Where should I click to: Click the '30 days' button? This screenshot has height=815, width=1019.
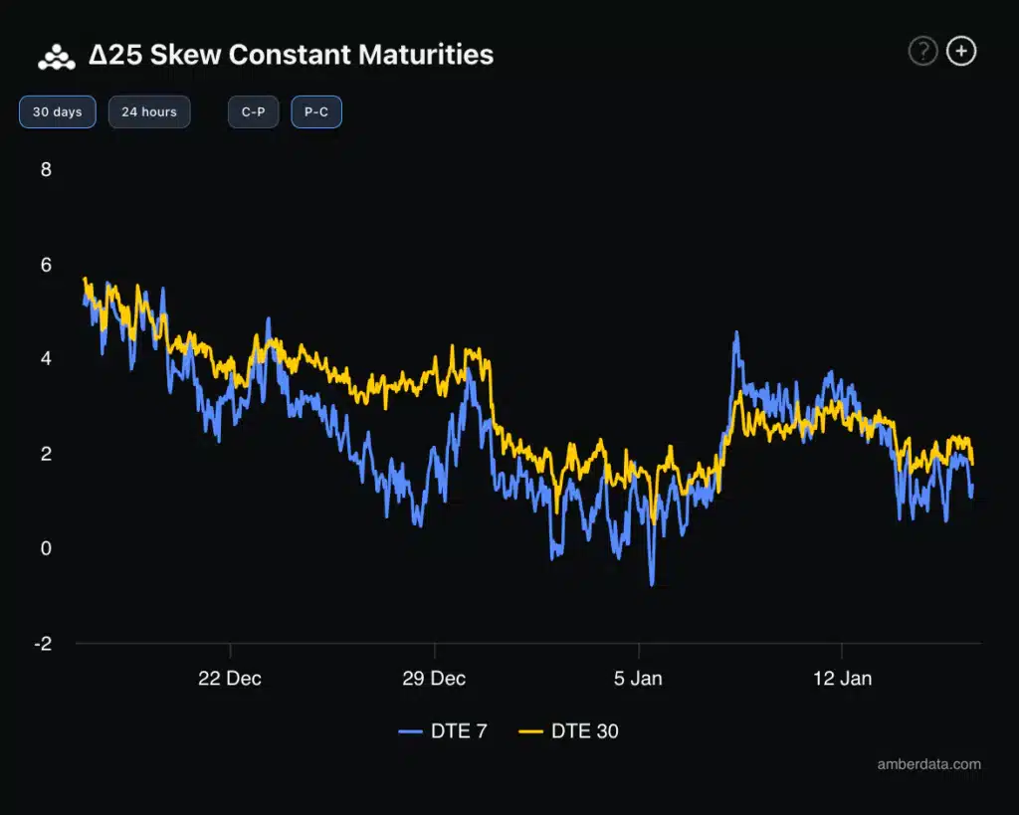58,111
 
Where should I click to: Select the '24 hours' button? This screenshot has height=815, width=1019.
149,111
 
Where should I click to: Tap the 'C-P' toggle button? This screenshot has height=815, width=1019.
254,111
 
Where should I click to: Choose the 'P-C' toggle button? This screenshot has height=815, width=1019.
316,111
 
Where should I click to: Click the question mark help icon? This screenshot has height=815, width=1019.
922,52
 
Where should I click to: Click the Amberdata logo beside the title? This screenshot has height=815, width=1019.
57,57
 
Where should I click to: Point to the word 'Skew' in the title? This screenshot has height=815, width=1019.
186,55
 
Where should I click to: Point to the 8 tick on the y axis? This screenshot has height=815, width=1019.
46,169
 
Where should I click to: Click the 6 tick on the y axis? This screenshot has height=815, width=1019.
46,264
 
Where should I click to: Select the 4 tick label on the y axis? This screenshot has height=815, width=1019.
46,358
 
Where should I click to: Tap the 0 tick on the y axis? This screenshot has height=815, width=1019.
46,548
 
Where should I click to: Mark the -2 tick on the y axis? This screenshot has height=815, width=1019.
43,643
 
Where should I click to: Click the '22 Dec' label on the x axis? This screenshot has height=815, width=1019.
230,679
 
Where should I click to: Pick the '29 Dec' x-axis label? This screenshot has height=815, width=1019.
435,679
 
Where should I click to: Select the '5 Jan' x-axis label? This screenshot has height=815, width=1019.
639,679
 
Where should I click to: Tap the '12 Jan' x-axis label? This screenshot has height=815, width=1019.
842,679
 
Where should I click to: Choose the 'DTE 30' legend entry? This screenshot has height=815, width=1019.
569,731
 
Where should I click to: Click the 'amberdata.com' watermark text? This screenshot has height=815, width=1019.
928,764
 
